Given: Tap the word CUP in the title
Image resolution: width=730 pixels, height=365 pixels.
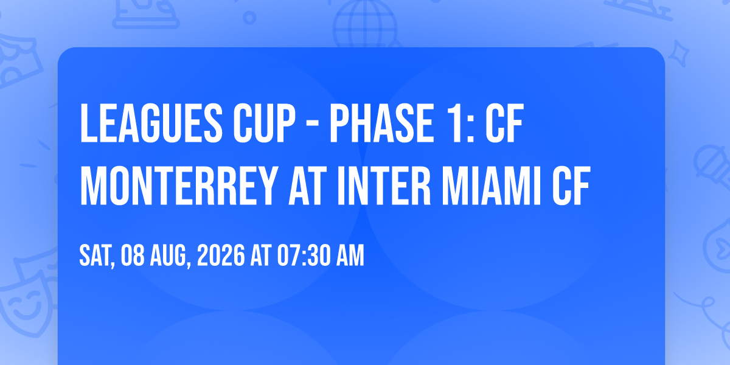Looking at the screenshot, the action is click(x=264, y=123).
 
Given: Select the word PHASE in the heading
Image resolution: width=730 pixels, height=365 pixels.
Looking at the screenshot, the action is click(x=381, y=123).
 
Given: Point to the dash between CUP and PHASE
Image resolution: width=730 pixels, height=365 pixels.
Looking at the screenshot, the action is click(x=313, y=125).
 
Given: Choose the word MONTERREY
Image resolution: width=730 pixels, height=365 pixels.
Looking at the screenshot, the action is click(x=179, y=186).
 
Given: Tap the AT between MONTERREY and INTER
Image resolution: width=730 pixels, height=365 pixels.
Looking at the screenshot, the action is click(x=308, y=186).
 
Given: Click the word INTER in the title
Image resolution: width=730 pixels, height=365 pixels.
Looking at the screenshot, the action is click(x=384, y=186).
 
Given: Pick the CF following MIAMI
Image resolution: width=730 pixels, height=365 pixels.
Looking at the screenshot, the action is click(x=571, y=186).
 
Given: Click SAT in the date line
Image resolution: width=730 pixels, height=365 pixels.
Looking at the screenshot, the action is click(x=97, y=256).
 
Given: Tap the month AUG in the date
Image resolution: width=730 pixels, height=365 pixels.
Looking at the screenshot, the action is click(x=170, y=256).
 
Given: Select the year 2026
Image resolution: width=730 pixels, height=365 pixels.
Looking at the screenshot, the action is click(x=221, y=255).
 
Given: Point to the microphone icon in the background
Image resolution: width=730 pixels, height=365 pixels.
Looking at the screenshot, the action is click(x=712, y=166).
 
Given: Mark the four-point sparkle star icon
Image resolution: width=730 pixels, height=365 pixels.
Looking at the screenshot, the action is click(x=678, y=54).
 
